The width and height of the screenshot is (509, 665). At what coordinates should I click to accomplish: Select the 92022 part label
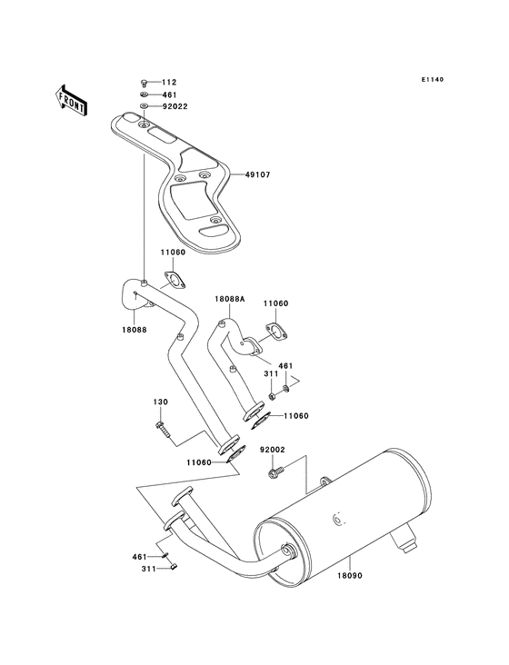(x=175, y=106)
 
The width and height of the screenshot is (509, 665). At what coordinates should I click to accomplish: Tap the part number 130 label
(x=159, y=402)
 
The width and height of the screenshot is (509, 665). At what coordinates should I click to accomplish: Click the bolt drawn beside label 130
(x=162, y=425)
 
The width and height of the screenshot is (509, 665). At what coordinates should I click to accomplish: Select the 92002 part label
(x=273, y=450)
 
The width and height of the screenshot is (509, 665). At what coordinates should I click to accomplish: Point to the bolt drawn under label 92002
(x=275, y=471)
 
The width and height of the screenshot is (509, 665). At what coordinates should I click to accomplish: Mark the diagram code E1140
(x=432, y=80)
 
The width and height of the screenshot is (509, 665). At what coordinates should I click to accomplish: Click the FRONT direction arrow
(x=72, y=98)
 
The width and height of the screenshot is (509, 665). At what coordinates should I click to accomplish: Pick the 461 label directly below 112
(x=168, y=94)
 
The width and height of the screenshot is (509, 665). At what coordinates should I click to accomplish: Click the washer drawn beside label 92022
(x=145, y=106)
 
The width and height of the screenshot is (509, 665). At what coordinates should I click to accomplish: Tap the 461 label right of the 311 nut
(x=284, y=366)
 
